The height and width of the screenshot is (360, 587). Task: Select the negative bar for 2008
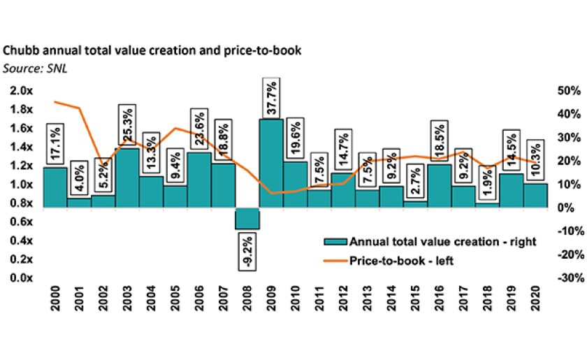247,218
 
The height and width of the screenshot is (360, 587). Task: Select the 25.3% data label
128,127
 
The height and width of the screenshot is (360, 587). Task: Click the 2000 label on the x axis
55,299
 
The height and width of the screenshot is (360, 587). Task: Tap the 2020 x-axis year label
535,299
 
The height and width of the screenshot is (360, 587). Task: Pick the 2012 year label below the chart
343,299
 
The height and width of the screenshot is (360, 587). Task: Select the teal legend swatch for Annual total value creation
333,242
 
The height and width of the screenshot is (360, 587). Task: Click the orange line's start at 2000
55,102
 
